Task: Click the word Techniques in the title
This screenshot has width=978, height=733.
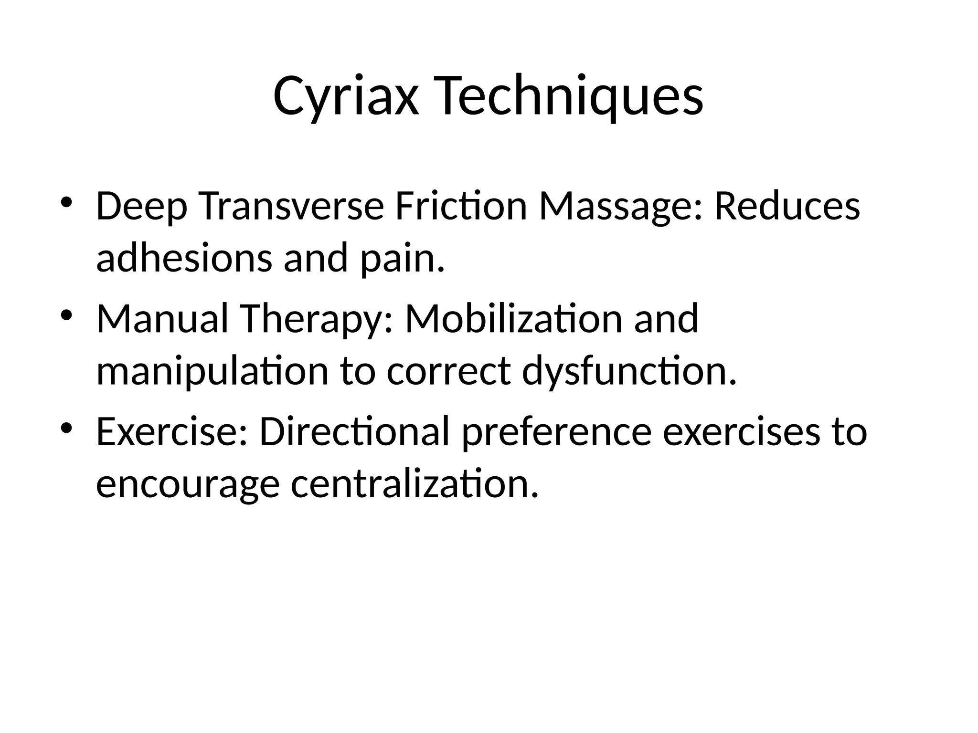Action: (x=569, y=97)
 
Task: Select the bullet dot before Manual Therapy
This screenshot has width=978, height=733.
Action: (x=66, y=314)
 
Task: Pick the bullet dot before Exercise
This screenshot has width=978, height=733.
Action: (x=66, y=426)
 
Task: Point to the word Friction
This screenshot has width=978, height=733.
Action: (x=461, y=207)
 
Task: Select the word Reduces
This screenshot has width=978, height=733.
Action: (x=787, y=207)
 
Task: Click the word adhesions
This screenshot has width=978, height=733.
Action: (x=184, y=258)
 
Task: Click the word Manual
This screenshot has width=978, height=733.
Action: (x=162, y=319)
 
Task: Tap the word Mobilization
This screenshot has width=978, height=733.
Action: (x=513, y=319)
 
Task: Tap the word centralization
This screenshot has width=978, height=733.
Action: (x=415, y=484)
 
